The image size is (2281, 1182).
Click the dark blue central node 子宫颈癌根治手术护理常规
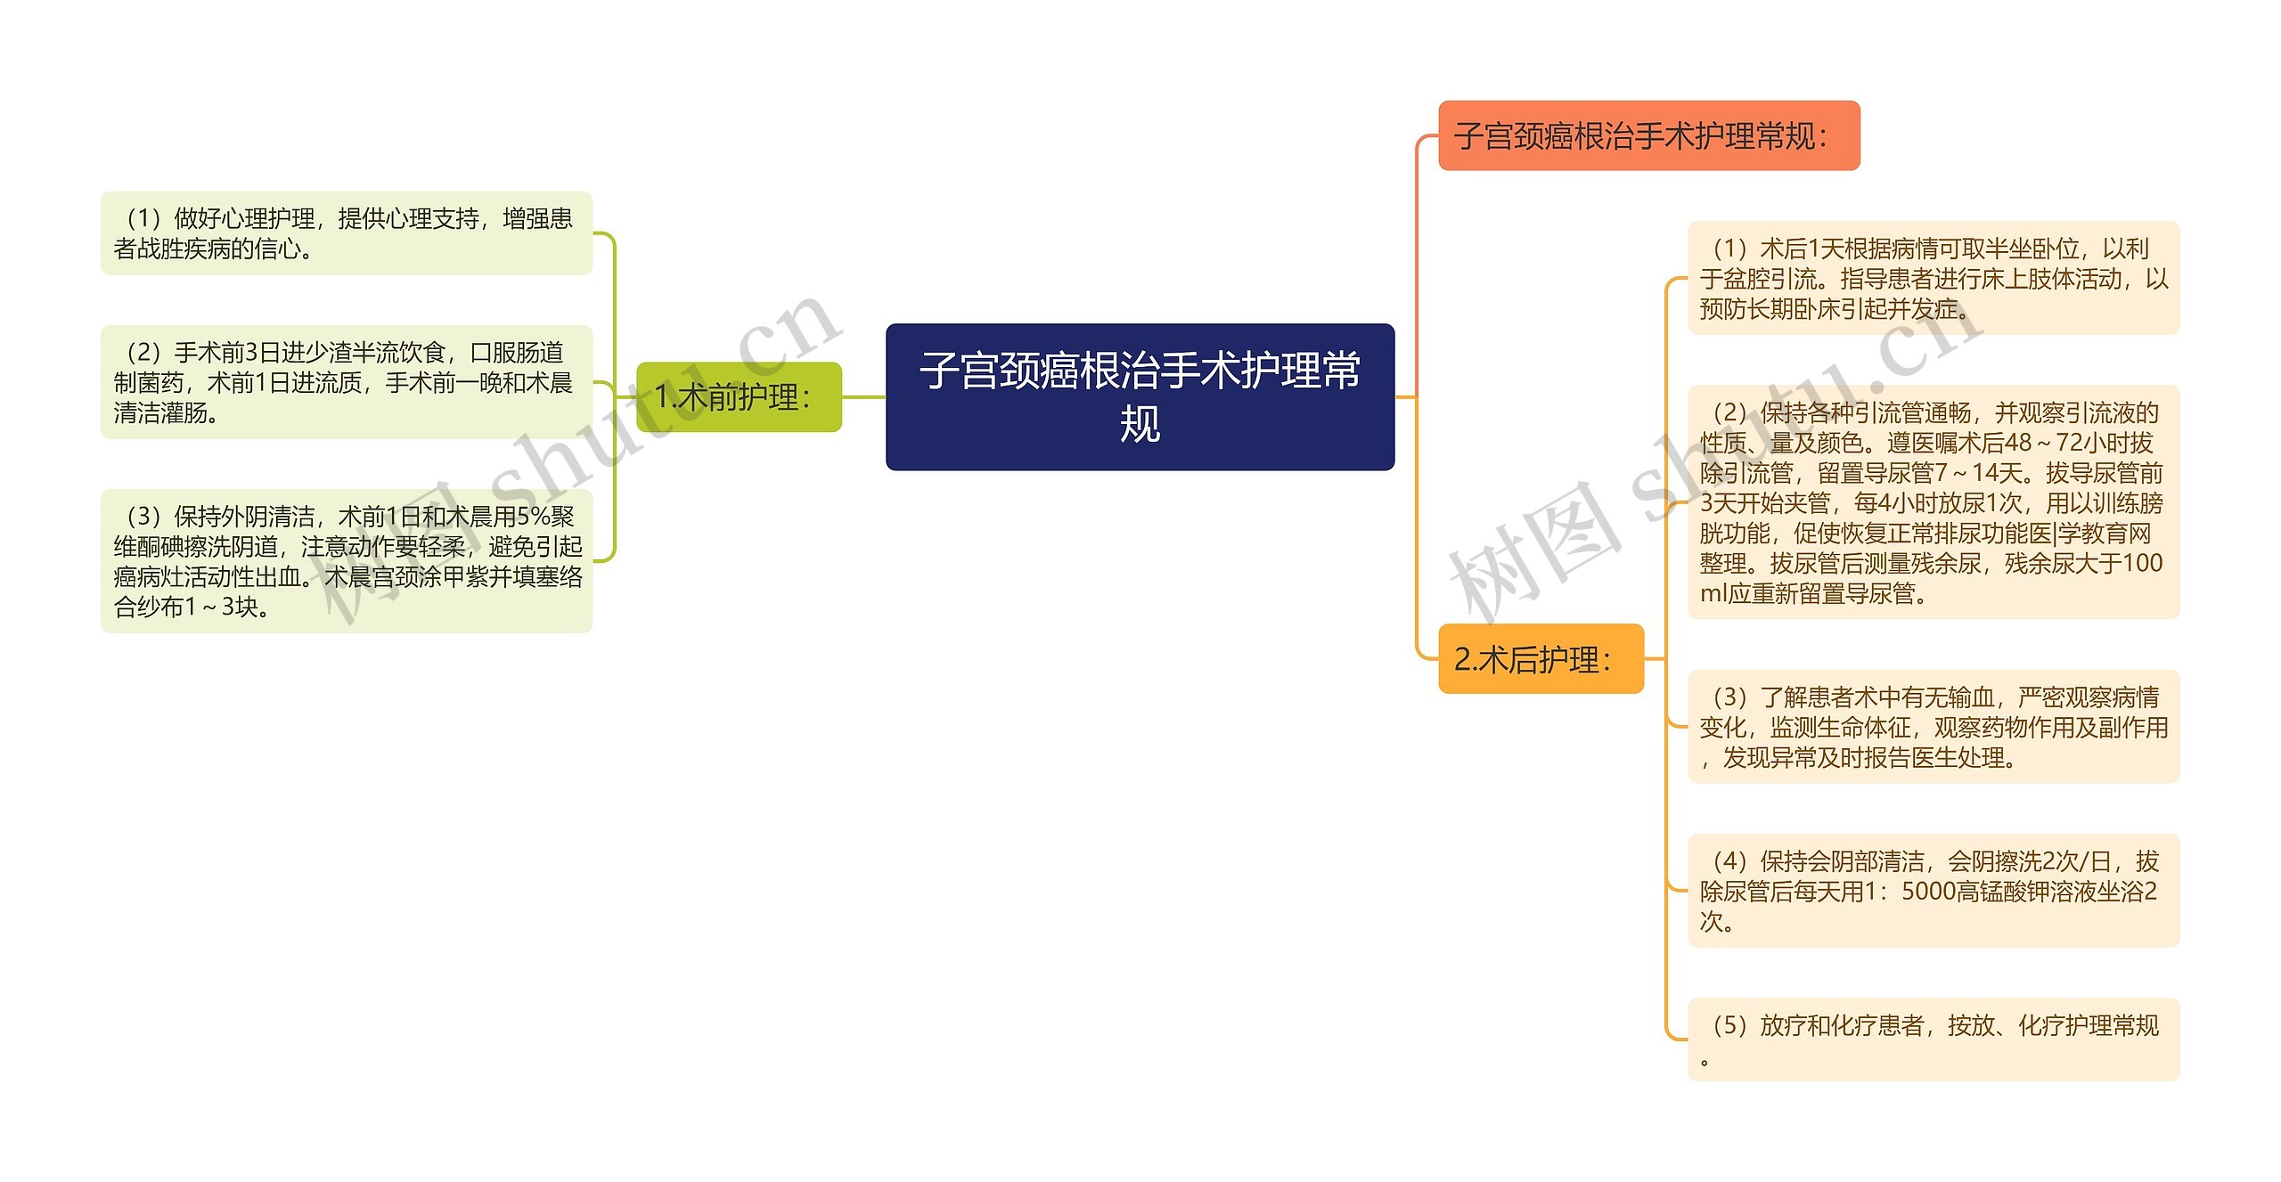click(1140, 396)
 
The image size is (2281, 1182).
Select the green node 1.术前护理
click(739, 397)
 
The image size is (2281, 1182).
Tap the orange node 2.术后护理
click(1540, 659)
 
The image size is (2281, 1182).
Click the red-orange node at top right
click(1648, 136)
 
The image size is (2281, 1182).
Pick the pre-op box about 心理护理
click(346, 233)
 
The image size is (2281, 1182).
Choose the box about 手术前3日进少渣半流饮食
click(346, 382)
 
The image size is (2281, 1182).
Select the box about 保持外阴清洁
click(346, 561)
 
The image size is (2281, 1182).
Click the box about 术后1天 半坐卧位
click(1933, 278)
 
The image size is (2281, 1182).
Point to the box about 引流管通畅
click(1933, 502)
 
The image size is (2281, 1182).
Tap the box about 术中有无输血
click(1933, 727)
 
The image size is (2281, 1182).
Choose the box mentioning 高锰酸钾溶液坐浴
click(1933, 891)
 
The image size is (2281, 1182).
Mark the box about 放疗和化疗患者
click(1933, 1039)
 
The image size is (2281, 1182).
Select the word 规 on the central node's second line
click(1140, 424)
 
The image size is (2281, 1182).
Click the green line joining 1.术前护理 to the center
click(863, 397)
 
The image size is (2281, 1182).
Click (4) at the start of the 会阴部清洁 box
click(1729, 861)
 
